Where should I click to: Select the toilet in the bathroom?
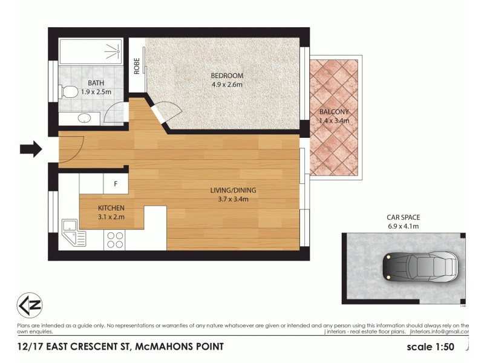point(70,92)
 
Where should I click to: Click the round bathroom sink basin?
point(85,118)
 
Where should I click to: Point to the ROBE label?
point(137,65)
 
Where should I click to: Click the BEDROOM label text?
point(226,76)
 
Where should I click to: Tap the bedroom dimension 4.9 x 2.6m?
point(226,85)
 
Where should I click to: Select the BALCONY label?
point(334,112)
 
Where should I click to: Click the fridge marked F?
point(116,182)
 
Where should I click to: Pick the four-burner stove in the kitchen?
point(115,240)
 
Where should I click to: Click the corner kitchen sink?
point(73,234)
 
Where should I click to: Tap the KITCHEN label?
point(111,208)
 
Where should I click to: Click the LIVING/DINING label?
point(229,191)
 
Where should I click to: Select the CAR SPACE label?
point(403,217)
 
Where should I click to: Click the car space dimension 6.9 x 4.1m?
point(403,226)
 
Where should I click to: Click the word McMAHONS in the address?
point(165,347)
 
